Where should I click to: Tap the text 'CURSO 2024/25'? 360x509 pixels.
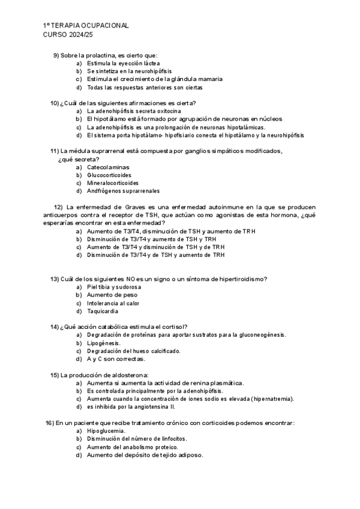click(x=65, y=35)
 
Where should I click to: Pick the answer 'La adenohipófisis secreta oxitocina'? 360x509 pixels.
click(x=134, y=111)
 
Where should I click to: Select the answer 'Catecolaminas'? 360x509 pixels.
click(x=108, y=167)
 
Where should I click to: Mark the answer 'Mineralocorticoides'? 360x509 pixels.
click(x=113, y=182)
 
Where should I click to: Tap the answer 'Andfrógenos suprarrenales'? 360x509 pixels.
click(x=124, y=191)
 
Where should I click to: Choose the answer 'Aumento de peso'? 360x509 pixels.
click(x=112, y=295)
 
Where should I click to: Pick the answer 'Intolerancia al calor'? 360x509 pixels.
click(x=113, y=303)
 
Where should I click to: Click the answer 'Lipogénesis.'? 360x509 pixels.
click(x=104, y=343)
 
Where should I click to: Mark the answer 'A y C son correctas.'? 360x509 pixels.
click(x=116, y=359)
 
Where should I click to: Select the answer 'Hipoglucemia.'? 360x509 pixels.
click(x=106, y=431)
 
